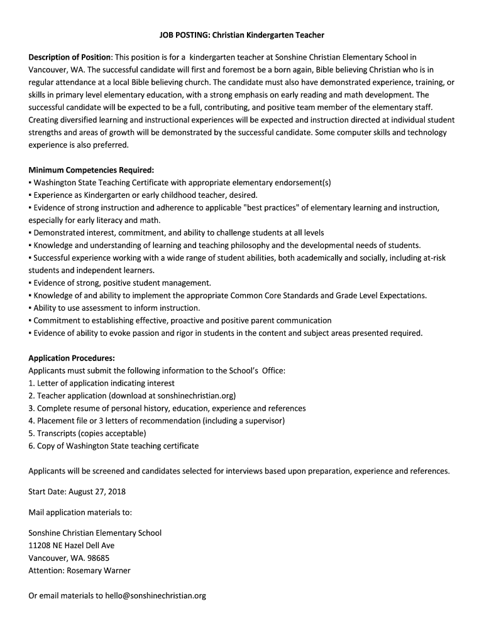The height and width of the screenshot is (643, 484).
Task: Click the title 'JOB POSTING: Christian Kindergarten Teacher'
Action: [241, 35]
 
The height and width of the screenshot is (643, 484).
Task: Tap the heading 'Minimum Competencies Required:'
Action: [91, 170]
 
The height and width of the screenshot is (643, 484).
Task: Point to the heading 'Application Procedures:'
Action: [72, 358]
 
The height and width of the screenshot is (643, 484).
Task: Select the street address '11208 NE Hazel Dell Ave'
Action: [72, 545]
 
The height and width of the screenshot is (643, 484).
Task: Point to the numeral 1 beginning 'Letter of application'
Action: [31, 383]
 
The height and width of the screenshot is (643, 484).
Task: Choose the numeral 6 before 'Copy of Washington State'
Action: [31, 446]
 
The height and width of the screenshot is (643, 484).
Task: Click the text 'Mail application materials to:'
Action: [80, 512]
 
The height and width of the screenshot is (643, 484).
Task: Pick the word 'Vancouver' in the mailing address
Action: [47, 558]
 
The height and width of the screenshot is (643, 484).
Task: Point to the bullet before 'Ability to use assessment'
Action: [30, 308]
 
